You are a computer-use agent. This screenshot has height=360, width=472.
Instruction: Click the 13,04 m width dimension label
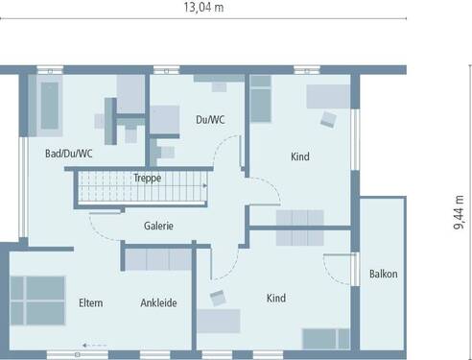pyautogui.click(x=204, y=8)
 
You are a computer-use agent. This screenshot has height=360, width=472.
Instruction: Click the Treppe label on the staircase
pyautogui.click(x=147, y=178)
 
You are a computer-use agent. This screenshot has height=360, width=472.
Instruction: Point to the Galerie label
pyautogui.click(x=158, y=226)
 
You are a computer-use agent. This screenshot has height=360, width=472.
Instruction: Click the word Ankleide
pyautogui.click(x=158, y=303)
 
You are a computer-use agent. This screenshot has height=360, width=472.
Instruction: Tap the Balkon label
pyautogui.click(x=383, y=274)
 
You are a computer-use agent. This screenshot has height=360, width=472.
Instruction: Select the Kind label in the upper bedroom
pyautogui.click(x=301, y=156)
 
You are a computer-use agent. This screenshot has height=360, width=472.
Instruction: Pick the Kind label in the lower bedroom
pyautogui.click(x=277, y=299)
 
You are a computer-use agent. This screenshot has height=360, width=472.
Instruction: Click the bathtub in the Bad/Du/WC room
pyautogui.click(x=46, y=105)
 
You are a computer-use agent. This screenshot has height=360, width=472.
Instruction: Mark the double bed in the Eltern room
pyautogui.click(x=35, y=300)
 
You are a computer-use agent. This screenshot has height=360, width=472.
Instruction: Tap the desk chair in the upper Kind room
pyautogui.click(x=328, y=120)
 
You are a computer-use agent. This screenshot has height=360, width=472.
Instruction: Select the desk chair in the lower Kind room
pyautogui.click(x=218, y=299)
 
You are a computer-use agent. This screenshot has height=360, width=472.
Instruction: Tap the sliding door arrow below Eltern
pyautogui.click(x=93, y=345)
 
